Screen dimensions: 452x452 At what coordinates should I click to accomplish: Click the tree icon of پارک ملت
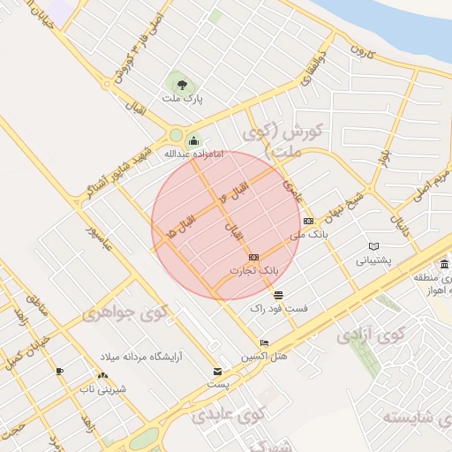pos(181,86)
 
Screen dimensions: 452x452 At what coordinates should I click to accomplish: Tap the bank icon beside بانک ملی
pos(307,221)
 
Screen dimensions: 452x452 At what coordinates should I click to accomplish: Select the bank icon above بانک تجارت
pos(254,256)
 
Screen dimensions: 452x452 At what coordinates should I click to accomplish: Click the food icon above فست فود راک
pos(278,294)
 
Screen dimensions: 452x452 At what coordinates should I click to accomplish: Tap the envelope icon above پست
pos(217,372)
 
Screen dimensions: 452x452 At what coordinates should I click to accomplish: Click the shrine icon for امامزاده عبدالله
pos(193,139)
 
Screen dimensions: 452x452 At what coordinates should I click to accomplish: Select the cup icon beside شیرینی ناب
pos(60,372)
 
